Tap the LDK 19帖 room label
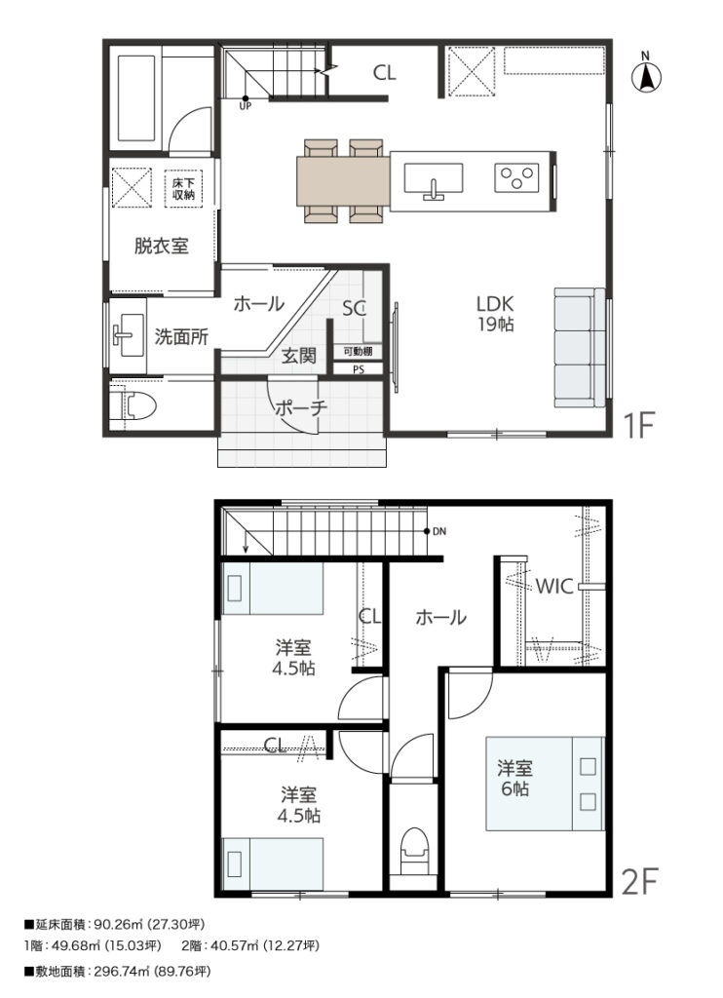click(x=496, y=313)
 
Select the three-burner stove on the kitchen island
click(x=516, y=177)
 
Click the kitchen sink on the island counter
click(x=434, y=180)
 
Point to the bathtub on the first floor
click(x=136, y=98)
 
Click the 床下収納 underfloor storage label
click(x=183, y=189)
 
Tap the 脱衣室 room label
click(x=161, y=246)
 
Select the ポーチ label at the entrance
click(x=301, y=408)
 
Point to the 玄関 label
click(x=298, y=355)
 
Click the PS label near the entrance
click(x=359, y=369)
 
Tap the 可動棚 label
click(x=358, y=351)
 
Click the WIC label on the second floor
click(x=555, y=586)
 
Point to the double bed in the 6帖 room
click(x=545, y=784)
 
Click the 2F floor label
click(x=638, y=881)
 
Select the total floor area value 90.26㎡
click(x=116, y=924)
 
